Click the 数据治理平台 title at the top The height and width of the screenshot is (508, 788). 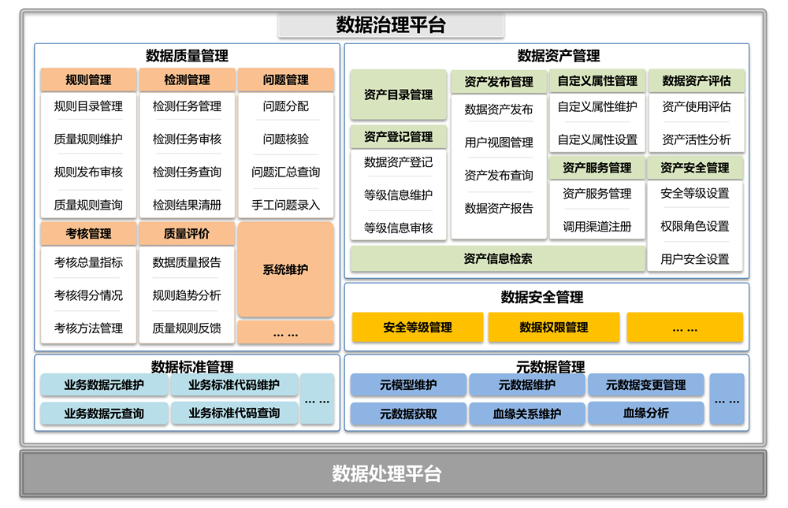[391, 25]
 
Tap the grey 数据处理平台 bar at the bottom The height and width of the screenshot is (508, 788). [392, 473]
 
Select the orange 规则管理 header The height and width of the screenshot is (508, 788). [88, 80]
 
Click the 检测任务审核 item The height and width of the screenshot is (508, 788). [187, 139]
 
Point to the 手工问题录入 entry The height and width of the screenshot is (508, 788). [285, 205]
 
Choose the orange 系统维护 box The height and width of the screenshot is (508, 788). [285, 269]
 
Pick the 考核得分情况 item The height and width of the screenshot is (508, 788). [88, 295]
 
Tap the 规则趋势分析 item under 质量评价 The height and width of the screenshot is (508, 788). [187, 295]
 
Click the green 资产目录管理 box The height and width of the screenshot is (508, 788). [398, 95]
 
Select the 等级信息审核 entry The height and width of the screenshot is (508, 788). [398, 228]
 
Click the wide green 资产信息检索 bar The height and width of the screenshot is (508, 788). [498, 258]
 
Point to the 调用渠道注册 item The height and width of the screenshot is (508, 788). [597, 226]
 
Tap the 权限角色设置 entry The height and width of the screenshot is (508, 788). [694, 226]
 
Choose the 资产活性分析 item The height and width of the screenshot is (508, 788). [696, 139]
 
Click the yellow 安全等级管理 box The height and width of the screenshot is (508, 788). [418, 328]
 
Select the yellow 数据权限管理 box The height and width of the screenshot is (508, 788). [553, 328]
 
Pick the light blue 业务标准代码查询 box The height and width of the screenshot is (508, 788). [234, 413]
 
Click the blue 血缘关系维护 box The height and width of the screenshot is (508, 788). [526, 413]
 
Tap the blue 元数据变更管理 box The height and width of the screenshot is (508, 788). [645, 385]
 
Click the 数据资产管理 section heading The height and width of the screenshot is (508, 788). [558, 56]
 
